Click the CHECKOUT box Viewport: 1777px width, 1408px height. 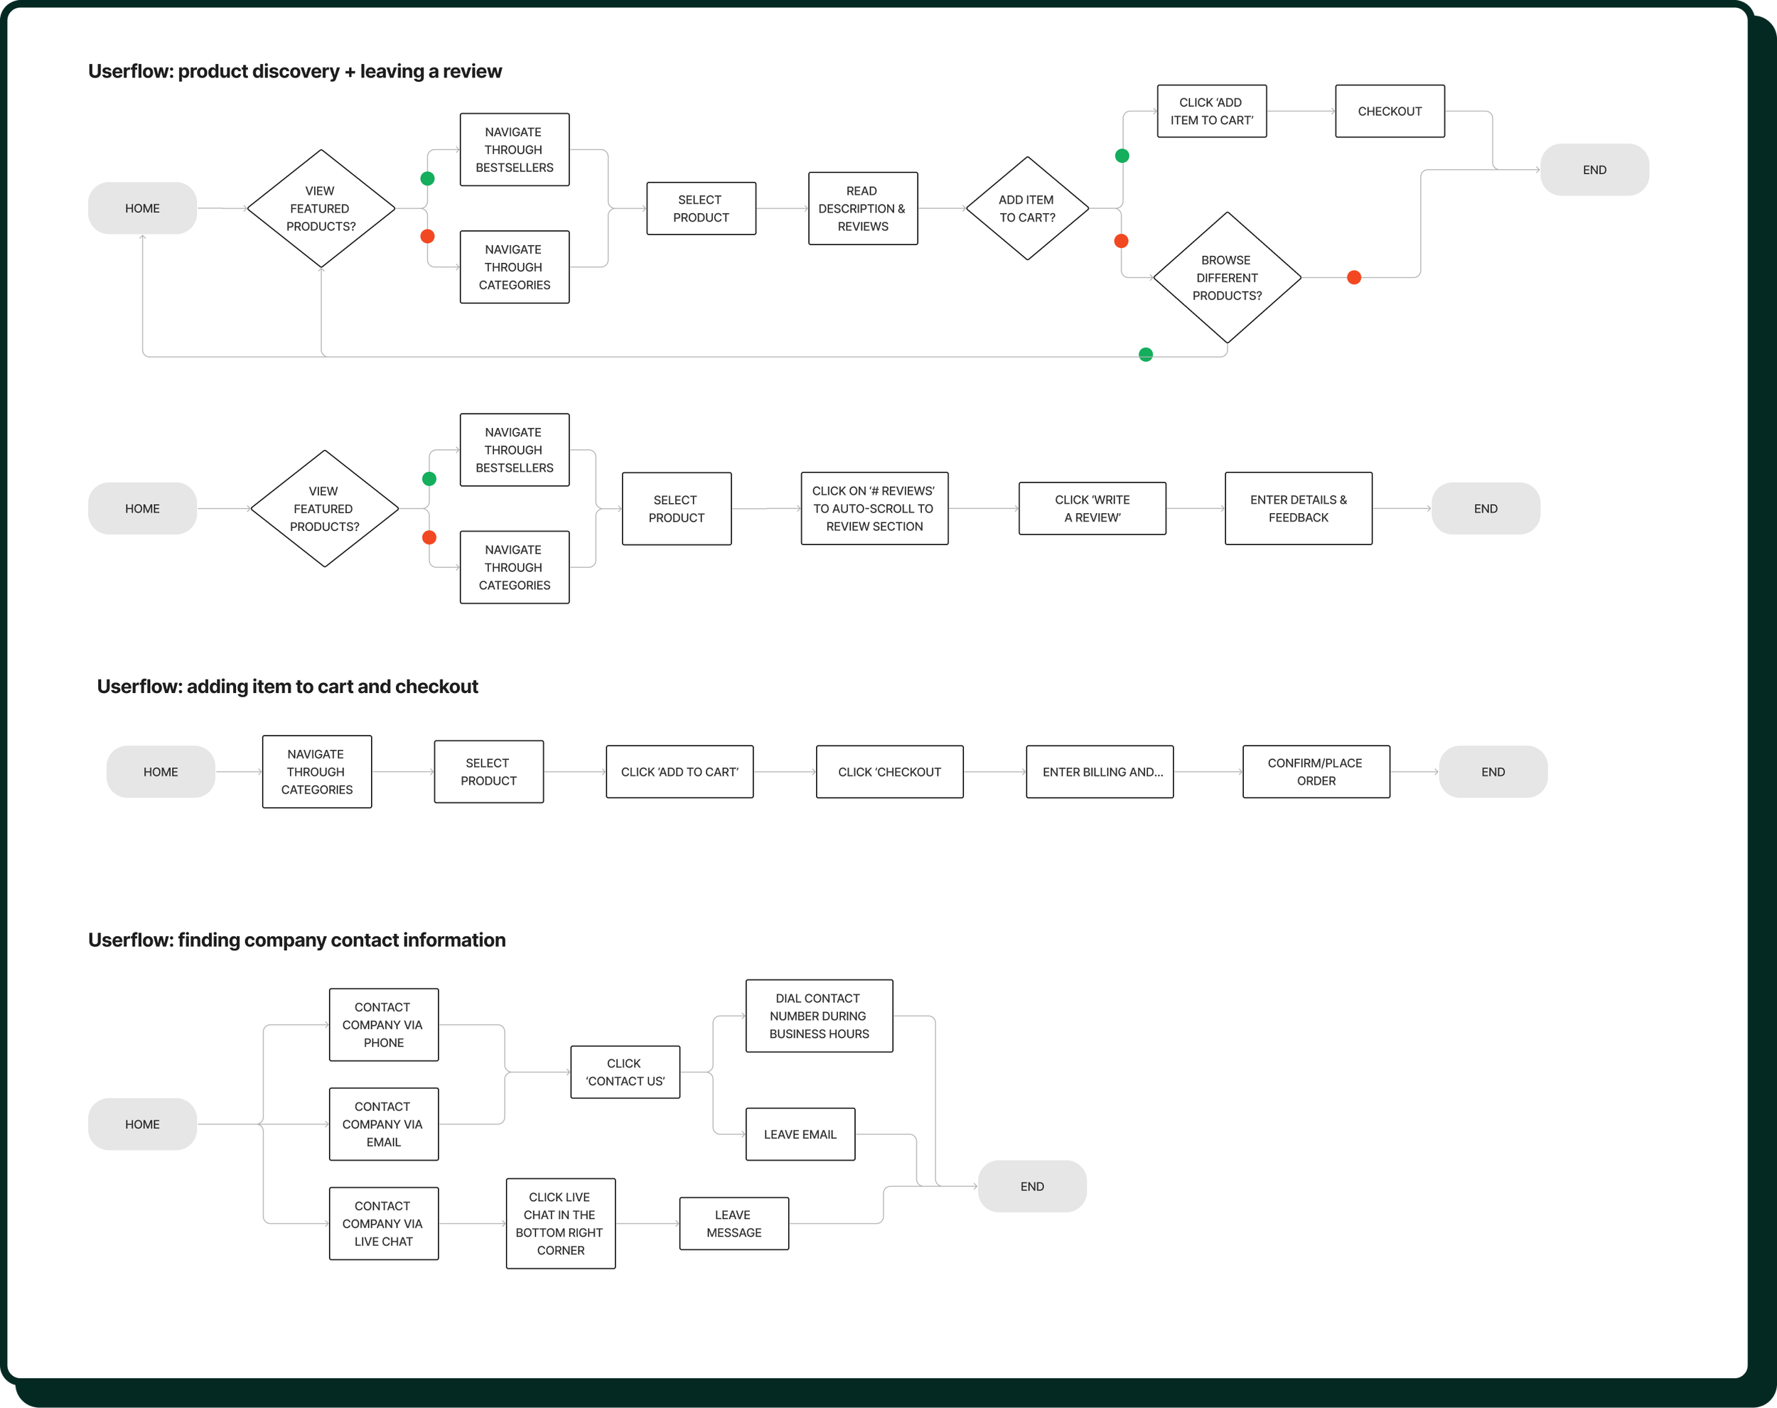tap(1390, 112)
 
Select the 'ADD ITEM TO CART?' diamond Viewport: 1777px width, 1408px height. tap(1027, 208)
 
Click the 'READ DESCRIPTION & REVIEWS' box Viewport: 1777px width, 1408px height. tap(863, 208)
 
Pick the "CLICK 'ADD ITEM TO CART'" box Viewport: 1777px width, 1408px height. tap(1212, 112)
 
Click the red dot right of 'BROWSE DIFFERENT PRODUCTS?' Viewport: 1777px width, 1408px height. tap(1353, 278)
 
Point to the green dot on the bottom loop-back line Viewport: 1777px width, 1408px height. tap(1146, 355)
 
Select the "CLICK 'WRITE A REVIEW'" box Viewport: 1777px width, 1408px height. tap(1092, 509)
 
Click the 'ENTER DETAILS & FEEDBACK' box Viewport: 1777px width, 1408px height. tap(1298, 509)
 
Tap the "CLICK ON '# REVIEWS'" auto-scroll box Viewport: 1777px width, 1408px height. tap(874, 509)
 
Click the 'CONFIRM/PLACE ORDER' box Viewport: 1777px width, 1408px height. tap(1316, 772)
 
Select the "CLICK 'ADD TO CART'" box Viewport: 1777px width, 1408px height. tap(679, 772)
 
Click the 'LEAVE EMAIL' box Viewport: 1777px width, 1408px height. tap(800, 1134)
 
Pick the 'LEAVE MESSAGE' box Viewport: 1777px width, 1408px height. tap(734, 1223)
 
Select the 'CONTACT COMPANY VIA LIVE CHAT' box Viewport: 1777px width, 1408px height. tap(383, 1223)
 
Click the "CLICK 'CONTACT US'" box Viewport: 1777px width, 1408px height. tap(625, 1072)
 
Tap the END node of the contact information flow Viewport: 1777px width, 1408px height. tap(1032, 1186)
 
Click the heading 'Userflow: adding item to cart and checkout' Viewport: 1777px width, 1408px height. tap(288, 687)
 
